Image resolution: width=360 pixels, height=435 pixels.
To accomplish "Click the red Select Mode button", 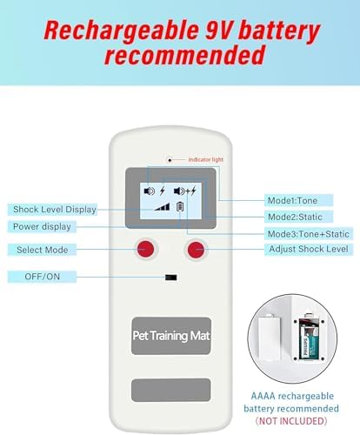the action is coord(145,249).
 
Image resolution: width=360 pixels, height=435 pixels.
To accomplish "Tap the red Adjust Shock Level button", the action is coord(196,249).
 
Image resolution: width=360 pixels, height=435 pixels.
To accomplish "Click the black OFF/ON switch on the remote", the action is coord(170,278).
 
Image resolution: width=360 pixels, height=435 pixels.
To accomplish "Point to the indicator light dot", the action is coord(170,160).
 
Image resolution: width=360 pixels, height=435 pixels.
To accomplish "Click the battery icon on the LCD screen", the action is coord(180,207).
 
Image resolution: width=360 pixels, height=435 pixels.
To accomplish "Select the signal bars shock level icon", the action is coord(162,207).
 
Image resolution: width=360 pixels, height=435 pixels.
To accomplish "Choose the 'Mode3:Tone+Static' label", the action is coord(309,234).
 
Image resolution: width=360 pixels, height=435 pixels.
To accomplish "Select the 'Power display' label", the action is coord(42,226).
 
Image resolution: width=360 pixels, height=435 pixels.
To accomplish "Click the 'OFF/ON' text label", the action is coord(42,277).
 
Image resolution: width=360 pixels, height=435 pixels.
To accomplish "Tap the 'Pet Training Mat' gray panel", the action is coord(171,336).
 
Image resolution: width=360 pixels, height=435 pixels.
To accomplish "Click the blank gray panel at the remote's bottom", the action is coord(171,390).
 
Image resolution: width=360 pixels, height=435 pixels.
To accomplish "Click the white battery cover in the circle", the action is coord(270,338).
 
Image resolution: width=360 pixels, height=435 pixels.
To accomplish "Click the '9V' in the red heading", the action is coord(217,31).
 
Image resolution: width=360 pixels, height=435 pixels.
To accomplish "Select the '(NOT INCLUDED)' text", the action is coord(291,421).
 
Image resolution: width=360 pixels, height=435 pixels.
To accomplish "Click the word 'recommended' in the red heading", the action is coord(185,55).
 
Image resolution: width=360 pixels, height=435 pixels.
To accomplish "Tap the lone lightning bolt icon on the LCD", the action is coord(163,191).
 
